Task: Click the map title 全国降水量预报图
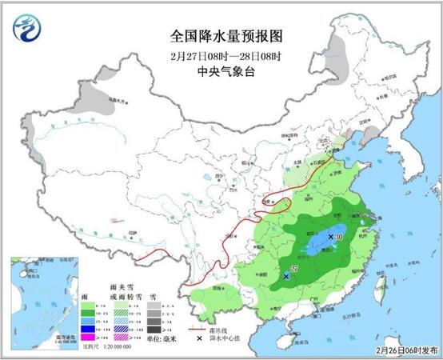pyautogui.click(x=221, y=37)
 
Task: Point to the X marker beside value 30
pyautogui.click(x=332, y=237)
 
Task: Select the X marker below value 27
pyautogui.click(x=287, y=276)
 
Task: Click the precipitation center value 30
pyautogui.click(x=340, y=237)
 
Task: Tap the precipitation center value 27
pyautogui.click(x=293, y=268)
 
